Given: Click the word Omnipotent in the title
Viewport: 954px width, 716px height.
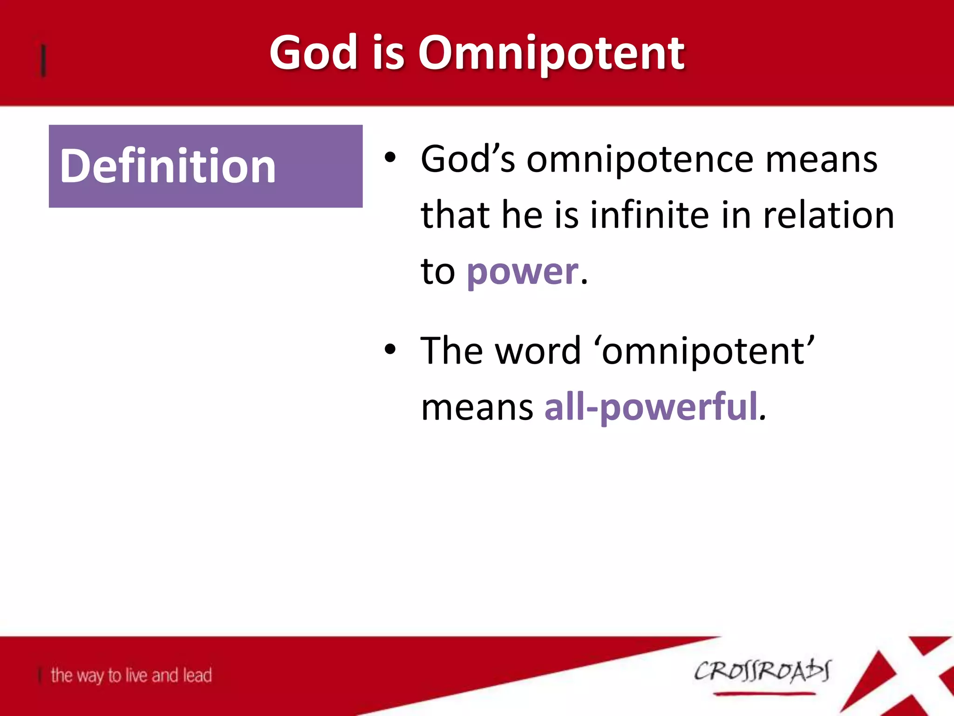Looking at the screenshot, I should pyautogui.click(x=551, y=54).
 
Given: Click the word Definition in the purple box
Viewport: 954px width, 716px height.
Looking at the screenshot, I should pyautogui.click(x=168, y=166).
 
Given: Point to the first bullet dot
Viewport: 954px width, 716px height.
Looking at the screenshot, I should pyautogui.click(x=390, y=158).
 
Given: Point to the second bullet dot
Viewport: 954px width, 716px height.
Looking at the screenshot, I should pyautogui.click(x=390, y=350).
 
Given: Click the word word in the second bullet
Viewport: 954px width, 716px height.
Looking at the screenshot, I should pyautogui.click(x=538, y=351).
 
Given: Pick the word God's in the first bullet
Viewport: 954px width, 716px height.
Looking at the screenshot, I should pyautogui.click(x=468, y=160).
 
